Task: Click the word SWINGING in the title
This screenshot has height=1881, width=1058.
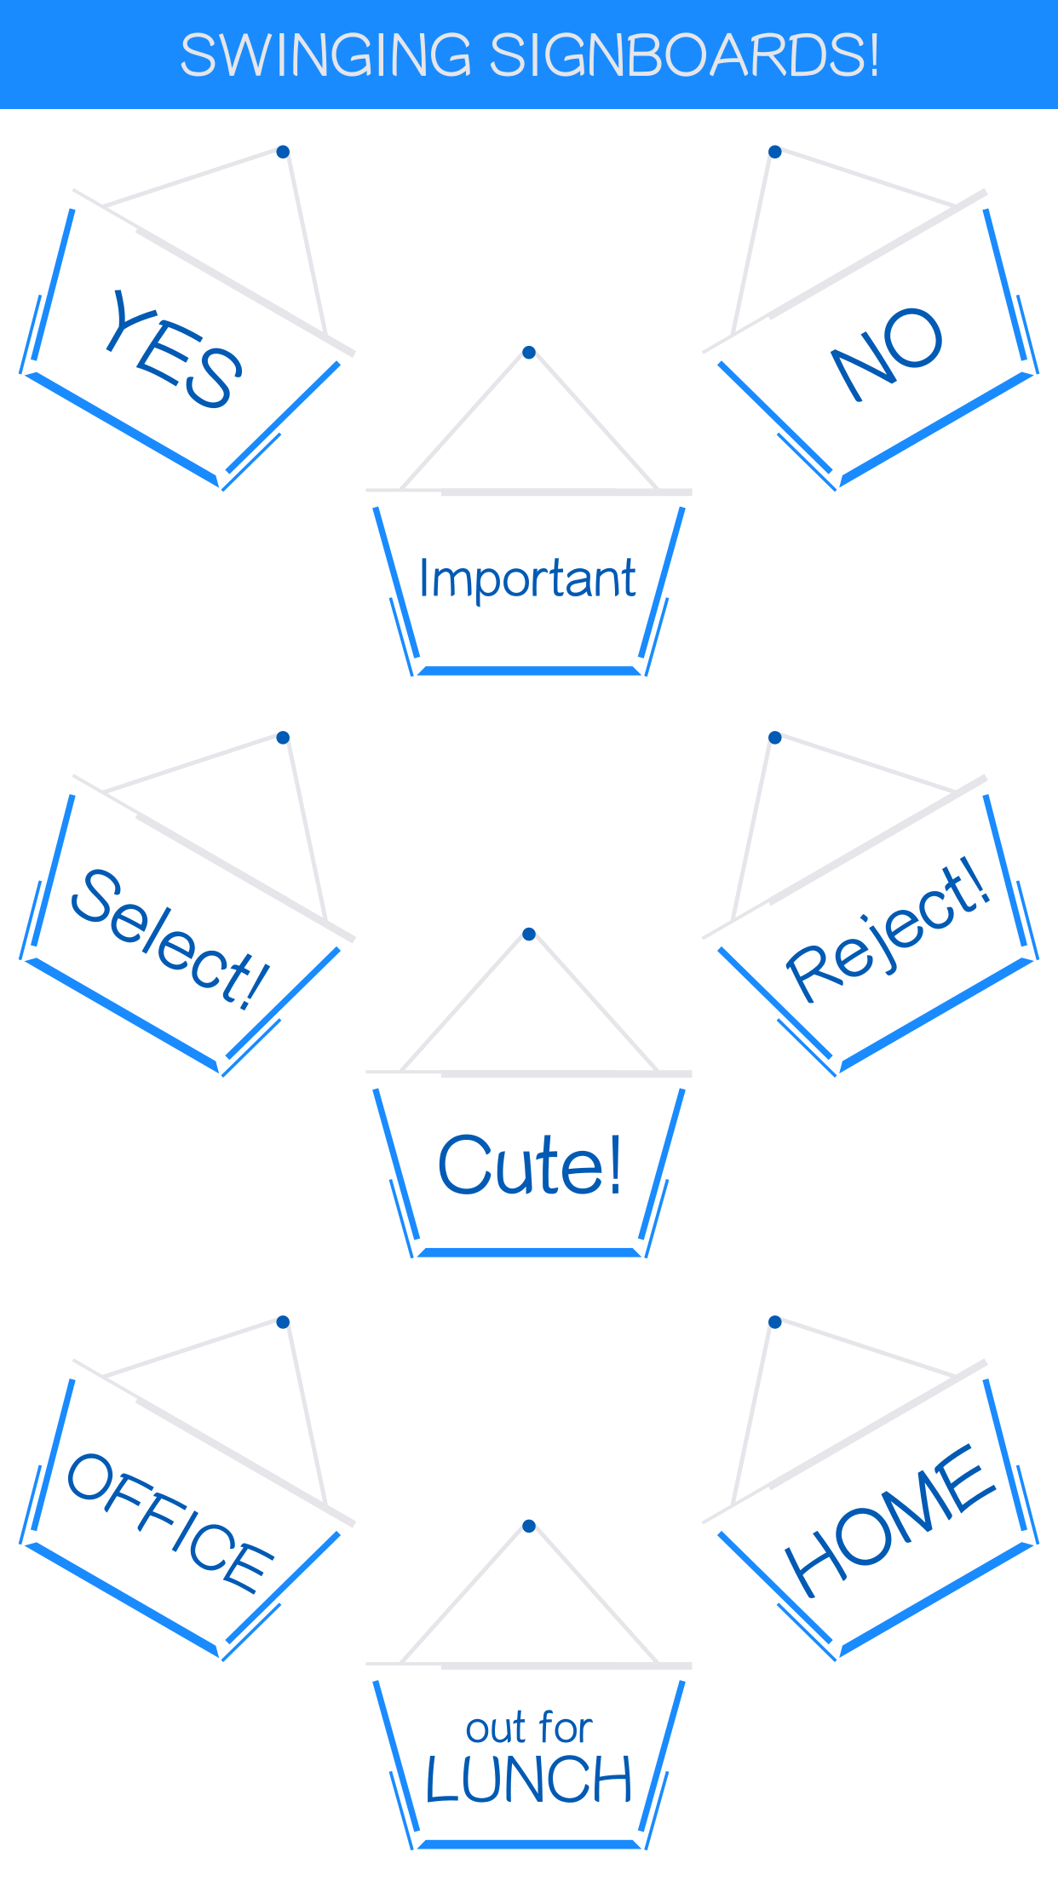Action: (x=325, y=55)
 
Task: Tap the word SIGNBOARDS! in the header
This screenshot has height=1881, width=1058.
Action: (x=684, y=55)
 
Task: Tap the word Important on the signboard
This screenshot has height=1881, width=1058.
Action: (x=527, y=578)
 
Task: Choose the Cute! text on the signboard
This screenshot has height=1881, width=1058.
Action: (x=529, y=1165)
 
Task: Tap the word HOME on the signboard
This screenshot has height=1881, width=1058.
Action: (x=888, y=1521)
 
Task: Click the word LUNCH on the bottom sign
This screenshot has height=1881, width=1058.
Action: (x=528, y=1780)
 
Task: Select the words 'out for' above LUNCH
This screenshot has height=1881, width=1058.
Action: (x=528, y=1728)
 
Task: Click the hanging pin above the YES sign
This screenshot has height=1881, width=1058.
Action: (x=283, y=152)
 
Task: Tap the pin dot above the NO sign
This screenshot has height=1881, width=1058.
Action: (x=774, y=152)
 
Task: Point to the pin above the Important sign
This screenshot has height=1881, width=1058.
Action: (x=529, y=353)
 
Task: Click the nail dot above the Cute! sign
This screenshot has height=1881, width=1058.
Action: (x=529, y=935)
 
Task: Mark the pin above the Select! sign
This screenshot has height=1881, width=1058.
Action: (x=283, y=738)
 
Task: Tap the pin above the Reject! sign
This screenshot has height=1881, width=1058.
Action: (x=774, y=738)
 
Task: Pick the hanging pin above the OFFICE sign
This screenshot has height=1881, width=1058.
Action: (x=283, y=1322)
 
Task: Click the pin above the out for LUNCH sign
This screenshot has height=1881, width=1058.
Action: (x=529, y=1526)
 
